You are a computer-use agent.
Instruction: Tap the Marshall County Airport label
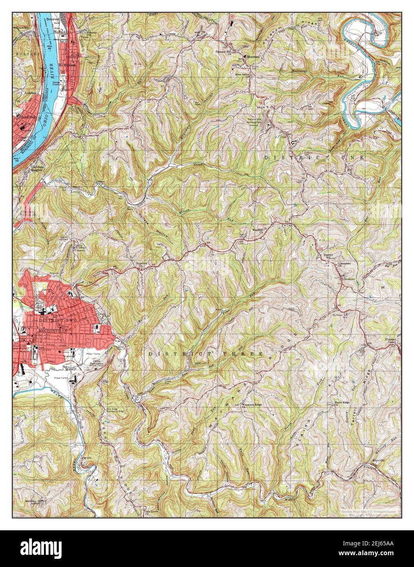tap(36, 502)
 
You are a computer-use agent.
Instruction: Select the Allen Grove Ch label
tap(242, 64)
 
